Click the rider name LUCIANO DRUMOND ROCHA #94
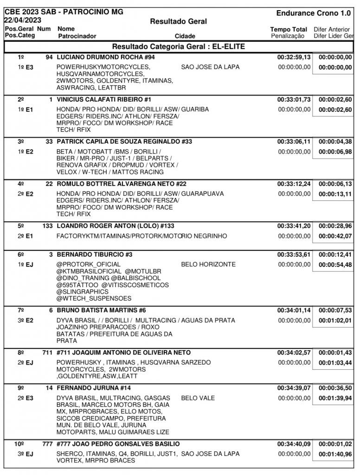pyautogui.click(x=105, y=58)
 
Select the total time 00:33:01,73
pyautogui.click(x=294, y=100)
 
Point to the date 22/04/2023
pyautogui.click(x=23, y=20)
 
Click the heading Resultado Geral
pyautogui.click(x=179, y=21)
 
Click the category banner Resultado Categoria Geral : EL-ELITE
pyautogui.click(x=179, y=46)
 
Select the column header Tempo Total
pyautogui.click(x=288, y=29)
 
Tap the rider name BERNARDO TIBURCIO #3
pyautogui.click(x=95, y=255)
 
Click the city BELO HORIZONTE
pyautogui.click(x=208, y=264)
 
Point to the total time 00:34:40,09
pyautogui.click(x=294, y=444)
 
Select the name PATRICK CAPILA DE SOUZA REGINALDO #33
pyautogui.click(x=124, y=141)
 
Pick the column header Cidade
pyautogui.click(x=185, y=36)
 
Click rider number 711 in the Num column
pyautogui.click(x=47, y=353)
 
